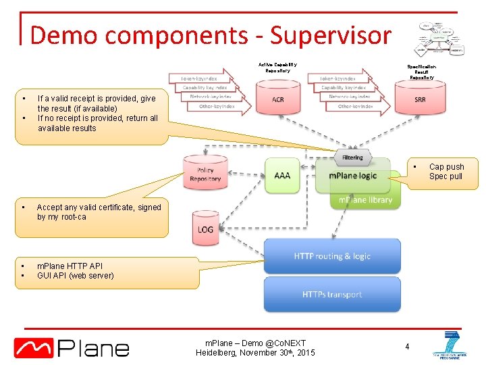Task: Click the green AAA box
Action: coord(282,176)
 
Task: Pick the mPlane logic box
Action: coord(352,176)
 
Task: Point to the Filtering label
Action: coord(352,157)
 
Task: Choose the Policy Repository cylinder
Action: coord(205,175)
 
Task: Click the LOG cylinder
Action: coord(205,228)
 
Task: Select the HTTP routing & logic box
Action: coord(332,256)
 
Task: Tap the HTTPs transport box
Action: coord(332,295)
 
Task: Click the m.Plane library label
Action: coord(364,199)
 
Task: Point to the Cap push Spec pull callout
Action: coord(446,172)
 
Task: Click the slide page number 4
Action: coord(407,347)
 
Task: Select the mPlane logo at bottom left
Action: coord(72,347)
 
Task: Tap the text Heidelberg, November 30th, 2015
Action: coord(255,353)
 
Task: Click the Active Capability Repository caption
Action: coord(277,68)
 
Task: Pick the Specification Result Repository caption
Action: coord(421,72)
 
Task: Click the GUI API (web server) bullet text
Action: coord(76,276)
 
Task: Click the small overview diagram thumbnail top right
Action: coord(439,38)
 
